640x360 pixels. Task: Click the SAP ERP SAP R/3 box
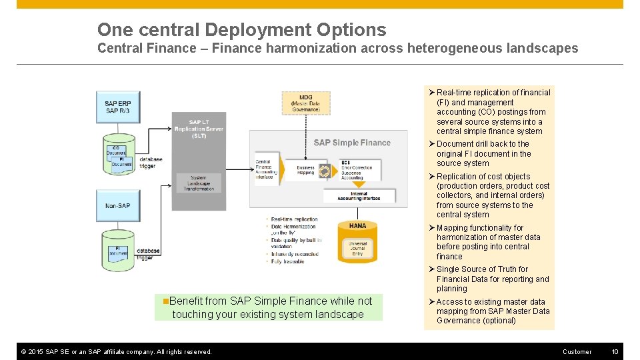pyautogui.click(x=117, y=107)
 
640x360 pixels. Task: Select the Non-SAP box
pyautogui.click(x=117, y=206)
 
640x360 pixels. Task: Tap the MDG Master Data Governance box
pyautogui.click(x=305, y=103)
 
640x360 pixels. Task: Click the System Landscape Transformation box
pyautogui.click(x=198, y=183)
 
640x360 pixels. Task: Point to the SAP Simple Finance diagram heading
pyautogui.click(x=352, y=143)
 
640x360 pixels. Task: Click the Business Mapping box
pyautogui.click(x=305, y=171)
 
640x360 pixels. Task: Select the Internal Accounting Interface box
pyautogui.click(x=359, y=195)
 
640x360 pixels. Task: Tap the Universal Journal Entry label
pyautogui.click(x=357, y=248)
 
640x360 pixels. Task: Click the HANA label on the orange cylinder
pyautogui.click(x=357, y=226)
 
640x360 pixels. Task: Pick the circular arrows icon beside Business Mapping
pyautogui.click(x=324, y=171)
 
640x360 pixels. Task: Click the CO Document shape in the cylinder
pyautogui.click(x=115, y=151)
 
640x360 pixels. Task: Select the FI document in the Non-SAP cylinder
pyautogui.click(x=118, y=252)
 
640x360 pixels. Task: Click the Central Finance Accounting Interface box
pyautogui.click(x=265, y=170)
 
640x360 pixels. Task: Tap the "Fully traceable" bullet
pyautogui.click(x=288, y=262)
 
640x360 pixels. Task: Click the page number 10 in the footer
pyautogui.click(x=615, y=351)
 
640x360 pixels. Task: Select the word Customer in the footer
pyautogui.click(x=577, y=351)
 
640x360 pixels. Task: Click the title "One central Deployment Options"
pyautogui.click(x=241, y=29)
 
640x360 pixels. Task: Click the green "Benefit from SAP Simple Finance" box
pyautogui.click(x=268, y=307)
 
